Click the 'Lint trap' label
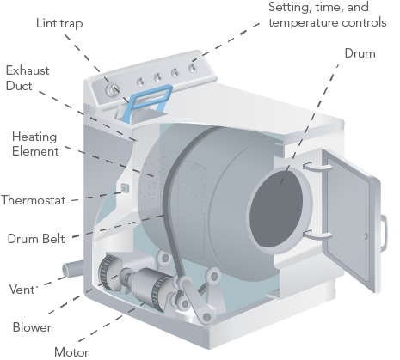(x=59, y=23)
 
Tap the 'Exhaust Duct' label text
(x=28, y=78)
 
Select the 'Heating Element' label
(x=35, y=143)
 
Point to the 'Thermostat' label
(x=34, y=200)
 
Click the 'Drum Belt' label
(x=36, y=239)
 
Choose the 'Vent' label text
(x=22, y=290)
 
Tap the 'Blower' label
(x=32, y=327)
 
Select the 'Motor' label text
(x=71, y=352)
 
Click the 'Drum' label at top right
(x=360, y=53)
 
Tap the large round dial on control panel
(x=112, y=90)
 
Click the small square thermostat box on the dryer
(x=125, y=188)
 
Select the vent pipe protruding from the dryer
(x=72, y=269)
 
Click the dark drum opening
(x=276, y=209)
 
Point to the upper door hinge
(x=317, y=167)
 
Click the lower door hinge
(x=317, y=235)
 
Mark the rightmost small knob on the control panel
(x=193, y=68)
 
